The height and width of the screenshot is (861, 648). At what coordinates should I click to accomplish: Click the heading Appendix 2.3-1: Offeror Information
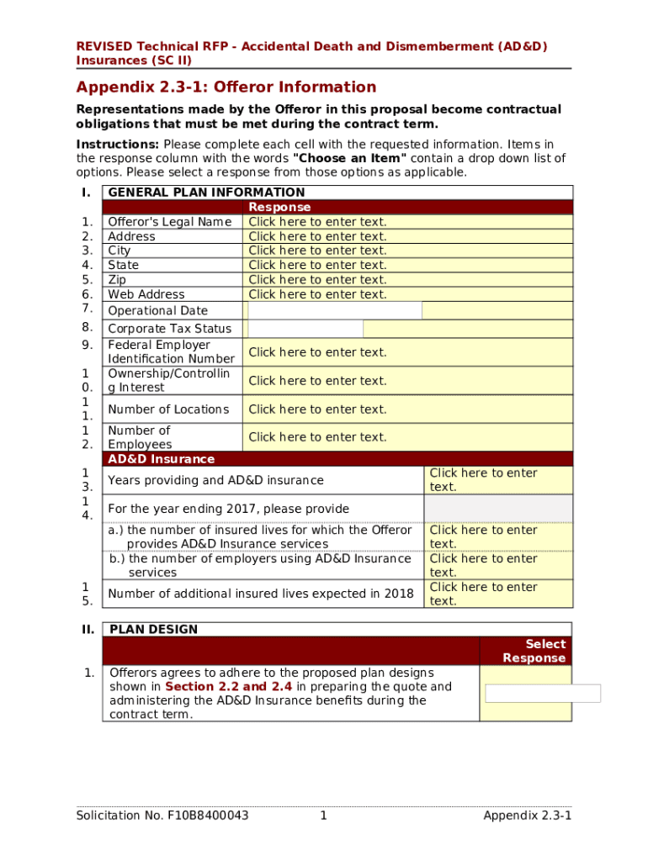coord(226,87)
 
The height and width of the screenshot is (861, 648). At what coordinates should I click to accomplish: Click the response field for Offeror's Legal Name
coord(317,222)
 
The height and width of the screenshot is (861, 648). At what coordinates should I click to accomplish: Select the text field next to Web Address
coord(317,294)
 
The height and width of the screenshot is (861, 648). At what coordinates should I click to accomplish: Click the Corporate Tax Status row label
coord(169,329)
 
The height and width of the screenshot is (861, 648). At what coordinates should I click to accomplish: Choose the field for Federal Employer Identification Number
coord(317,352)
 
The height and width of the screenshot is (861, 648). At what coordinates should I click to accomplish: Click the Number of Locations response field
coord(317,409)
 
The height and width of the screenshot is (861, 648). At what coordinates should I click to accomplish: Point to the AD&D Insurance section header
coord(161,459)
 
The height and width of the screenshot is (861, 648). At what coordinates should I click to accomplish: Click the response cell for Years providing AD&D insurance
coord(483,480)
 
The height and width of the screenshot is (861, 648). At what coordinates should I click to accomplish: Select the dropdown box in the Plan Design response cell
coord(543,693)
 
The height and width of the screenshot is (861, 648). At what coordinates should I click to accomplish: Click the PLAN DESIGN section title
coord(154,629)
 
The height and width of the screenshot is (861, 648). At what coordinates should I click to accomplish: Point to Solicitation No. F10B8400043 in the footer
coord(162,816)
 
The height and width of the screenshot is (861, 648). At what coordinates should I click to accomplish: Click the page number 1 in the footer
coord(323,816)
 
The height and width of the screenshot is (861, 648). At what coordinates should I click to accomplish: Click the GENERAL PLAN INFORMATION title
coord(206,193)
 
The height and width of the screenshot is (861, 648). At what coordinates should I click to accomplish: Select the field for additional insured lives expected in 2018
coord(483,594)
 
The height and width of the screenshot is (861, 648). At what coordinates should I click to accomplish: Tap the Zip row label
coord(118,279)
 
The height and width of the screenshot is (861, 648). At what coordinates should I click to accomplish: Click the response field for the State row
coord(317,265)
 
